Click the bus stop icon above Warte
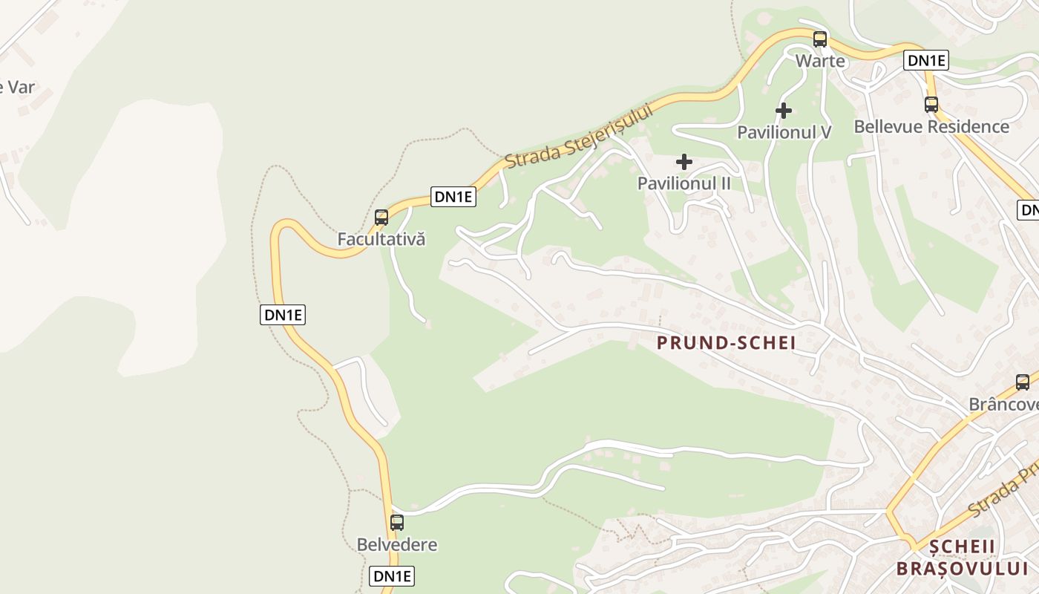tap(820, 39)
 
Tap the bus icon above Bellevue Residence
tap(931, 105)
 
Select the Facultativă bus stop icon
tap(381, 218)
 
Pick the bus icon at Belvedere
tap(397, 522)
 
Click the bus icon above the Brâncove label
tap(1023, 382)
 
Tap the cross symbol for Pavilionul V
tap(784, 111)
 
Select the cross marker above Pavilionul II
tap(684, 162)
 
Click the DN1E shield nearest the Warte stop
tap(925, 61)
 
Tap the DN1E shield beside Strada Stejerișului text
tap(453, 197)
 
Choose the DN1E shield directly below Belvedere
tap(392, 575)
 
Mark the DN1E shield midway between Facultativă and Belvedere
tap(283, 315)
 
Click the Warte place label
tap(820, 61)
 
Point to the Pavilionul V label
tap(784, 132)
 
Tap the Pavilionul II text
tap(684, 183)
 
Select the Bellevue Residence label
tap(931, 126)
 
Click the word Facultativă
tap(381, 239)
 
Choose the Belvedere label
tap(397, 544)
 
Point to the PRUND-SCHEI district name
tap(727, 342)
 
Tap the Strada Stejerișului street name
tap(580, 135)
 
